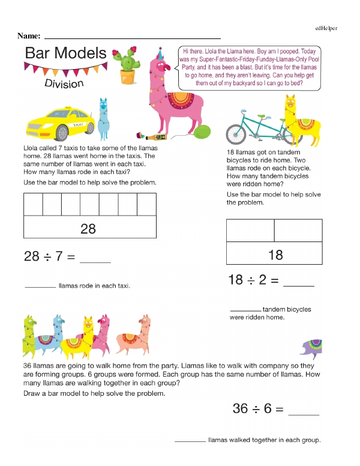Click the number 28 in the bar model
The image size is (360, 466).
tap(88, 229)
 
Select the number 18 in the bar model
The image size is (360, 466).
tap(275, 255)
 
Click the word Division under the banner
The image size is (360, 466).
tap(64, 83)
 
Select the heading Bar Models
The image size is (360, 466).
tap(65, 53)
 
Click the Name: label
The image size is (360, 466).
tap(29, 36)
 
